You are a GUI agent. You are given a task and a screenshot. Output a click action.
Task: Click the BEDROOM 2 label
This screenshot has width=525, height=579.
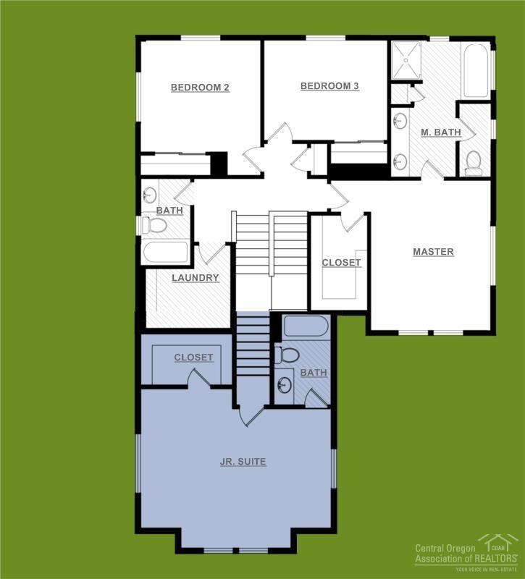click(200, 88)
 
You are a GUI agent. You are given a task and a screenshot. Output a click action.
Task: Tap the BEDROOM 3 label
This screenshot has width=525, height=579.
click(329, 86)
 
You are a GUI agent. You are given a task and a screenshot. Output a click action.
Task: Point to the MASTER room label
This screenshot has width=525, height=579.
click(433, 252)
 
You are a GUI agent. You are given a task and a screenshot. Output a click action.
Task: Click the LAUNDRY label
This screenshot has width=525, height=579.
click(196, 278)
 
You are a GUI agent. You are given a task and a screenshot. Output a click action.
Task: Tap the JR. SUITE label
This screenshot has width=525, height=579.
click(243, 462)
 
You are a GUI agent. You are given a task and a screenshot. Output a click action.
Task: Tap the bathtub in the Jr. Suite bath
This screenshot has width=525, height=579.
click(306, 326)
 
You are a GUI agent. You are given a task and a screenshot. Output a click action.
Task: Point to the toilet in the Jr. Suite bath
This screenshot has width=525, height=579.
click(288, 355)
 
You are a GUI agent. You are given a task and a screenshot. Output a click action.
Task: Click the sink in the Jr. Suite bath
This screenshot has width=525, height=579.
click(285, 385)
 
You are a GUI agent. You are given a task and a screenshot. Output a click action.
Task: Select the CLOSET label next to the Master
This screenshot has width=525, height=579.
click(341, 263)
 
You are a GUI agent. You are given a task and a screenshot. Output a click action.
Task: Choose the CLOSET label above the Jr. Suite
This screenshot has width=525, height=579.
click(193, 358)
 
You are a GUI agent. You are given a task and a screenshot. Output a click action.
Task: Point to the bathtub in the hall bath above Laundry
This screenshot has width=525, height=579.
click(166, 253)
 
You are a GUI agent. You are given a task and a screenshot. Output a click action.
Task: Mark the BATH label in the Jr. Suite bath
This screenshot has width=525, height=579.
click(314, 373)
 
